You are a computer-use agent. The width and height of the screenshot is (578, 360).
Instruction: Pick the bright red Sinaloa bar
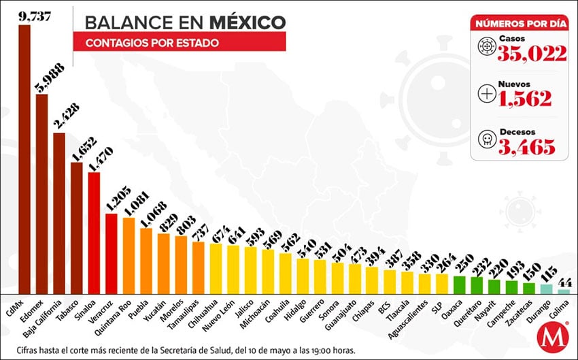coord(95,232)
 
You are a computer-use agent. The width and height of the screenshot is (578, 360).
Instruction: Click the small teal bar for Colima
coord(564,291)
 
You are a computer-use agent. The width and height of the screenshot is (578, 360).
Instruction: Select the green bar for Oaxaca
coord(459,284)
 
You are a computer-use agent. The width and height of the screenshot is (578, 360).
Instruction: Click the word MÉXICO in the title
coord(247,22)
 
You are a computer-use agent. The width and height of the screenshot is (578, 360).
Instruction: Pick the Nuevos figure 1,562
coord(524,99)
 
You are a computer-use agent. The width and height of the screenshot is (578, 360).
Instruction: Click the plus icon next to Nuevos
coord(487,94)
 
